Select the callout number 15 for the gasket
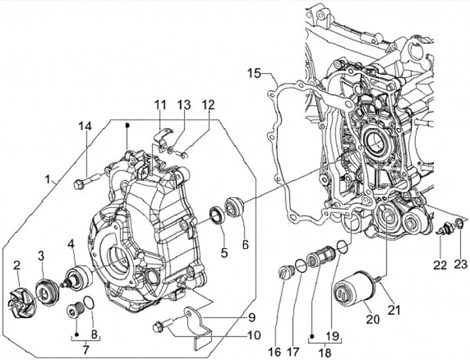point(255,73)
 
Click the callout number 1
point(48,180)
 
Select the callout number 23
point(461,264)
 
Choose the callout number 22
point(440,265)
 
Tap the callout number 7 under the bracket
point(86,350)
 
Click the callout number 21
point(394,310)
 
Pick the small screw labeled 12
point(182,155)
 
